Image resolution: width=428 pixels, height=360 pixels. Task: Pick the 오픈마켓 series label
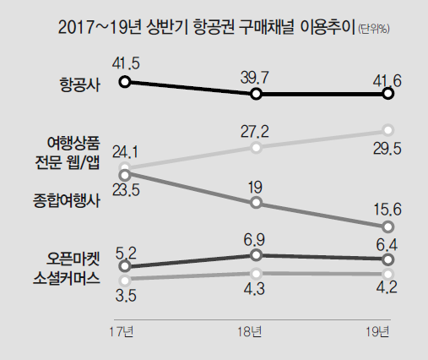click(x=73, y=259)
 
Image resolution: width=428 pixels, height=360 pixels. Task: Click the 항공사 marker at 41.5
click(x=125, y=82)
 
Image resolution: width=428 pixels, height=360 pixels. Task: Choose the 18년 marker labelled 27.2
click(x=257, y=148)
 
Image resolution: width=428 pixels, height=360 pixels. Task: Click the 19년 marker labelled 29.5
click(x=387, y=129)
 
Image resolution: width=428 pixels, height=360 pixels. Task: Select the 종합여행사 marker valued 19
click(x=257, y=203)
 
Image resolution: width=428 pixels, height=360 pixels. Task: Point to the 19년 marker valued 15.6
click(x=387, y=226)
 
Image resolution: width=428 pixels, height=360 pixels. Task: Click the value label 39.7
click(x=256, y=78)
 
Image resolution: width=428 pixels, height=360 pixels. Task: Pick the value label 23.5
click(x=127, y=190)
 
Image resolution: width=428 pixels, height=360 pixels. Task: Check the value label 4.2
click(x=387, y=295)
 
